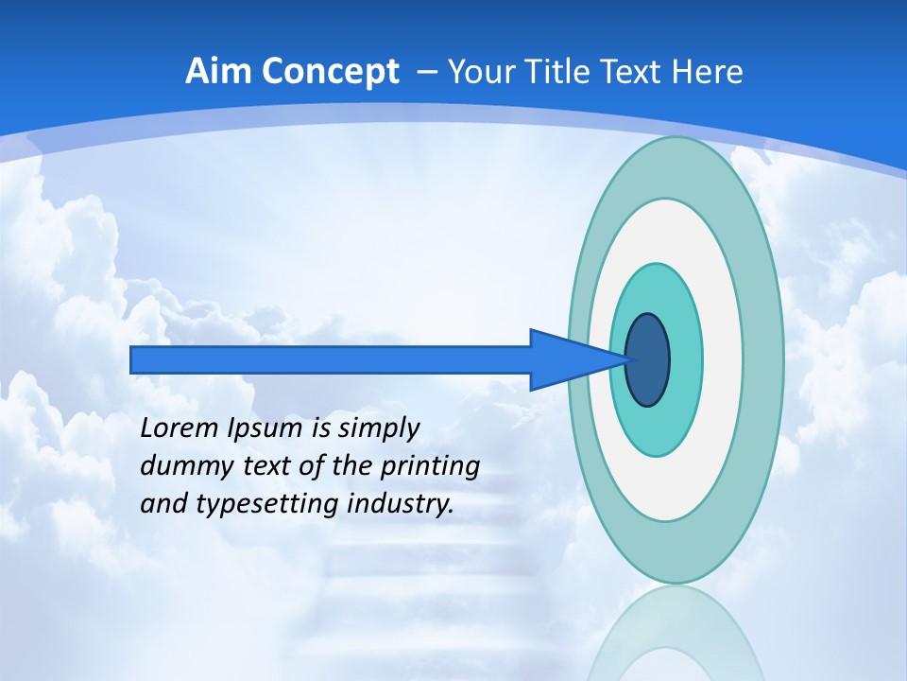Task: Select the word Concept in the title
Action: (x=331, y=73)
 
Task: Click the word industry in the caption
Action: (x=401, y=504)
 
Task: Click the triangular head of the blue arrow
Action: (x=567, y=360)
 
